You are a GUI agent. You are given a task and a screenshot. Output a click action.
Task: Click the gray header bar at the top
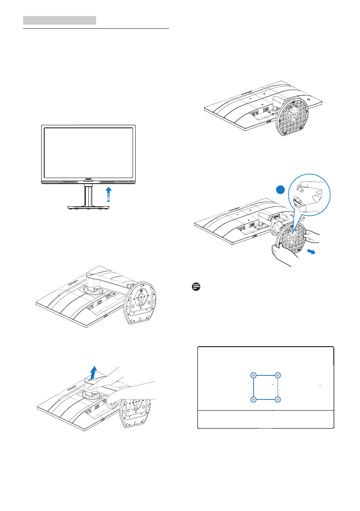click(59, 20)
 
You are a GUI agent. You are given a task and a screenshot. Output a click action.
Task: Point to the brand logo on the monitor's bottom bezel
click(88, 181)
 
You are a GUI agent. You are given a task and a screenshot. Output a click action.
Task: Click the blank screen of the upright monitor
click(88, 152)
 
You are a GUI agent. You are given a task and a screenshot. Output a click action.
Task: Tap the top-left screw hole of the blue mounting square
click(253, 375)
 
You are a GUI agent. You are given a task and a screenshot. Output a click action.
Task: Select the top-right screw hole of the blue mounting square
click(278, 375)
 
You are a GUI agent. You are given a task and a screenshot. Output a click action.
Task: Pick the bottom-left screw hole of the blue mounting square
click(253, 399)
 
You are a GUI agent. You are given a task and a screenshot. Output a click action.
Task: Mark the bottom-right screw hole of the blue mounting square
click(278, 399)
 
